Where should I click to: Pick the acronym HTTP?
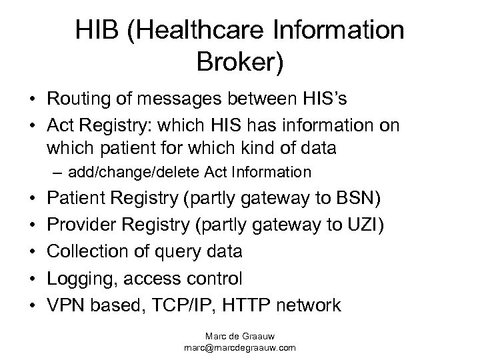coord(251,305)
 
